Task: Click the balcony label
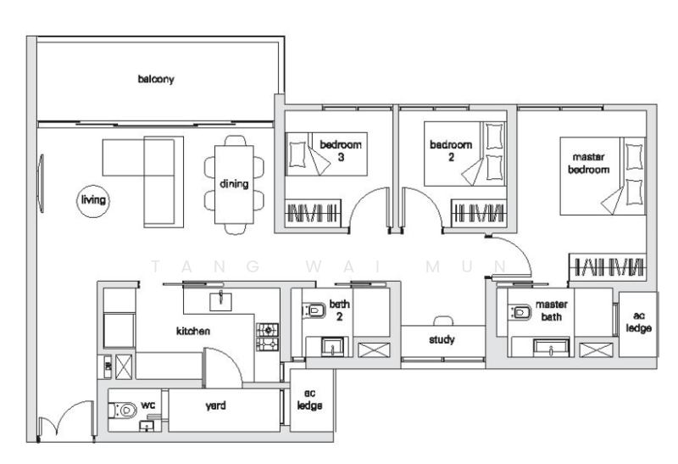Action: click(x=156, y=80)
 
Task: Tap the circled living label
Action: click(x=89, y=201)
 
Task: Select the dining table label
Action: click(x=233, y=184)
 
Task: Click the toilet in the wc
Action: click(x=124, y=409)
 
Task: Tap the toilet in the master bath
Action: click(x=520, y=312)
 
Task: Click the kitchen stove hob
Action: click(x=267, y=336)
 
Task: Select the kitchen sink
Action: click(x=222, y=299)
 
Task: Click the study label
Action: click(x=442, y=340)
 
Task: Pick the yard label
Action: click(x=216, y=406)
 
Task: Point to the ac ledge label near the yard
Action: click(x=304, y=399)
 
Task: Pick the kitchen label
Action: click(x=192, y=331)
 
